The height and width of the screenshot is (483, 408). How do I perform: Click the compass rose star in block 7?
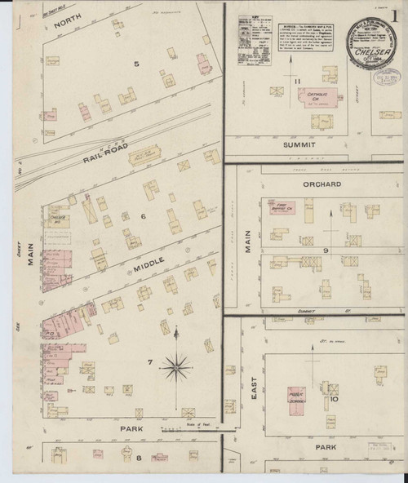tap(175, 368)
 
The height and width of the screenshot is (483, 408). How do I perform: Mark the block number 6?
tap(142, 215)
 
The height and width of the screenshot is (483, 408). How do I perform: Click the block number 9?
tap(325, 250)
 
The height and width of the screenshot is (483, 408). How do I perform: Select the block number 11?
tap(299, 79)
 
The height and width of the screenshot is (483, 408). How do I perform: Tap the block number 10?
tap(333, 401)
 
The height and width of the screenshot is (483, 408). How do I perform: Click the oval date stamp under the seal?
tap(384, 78)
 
